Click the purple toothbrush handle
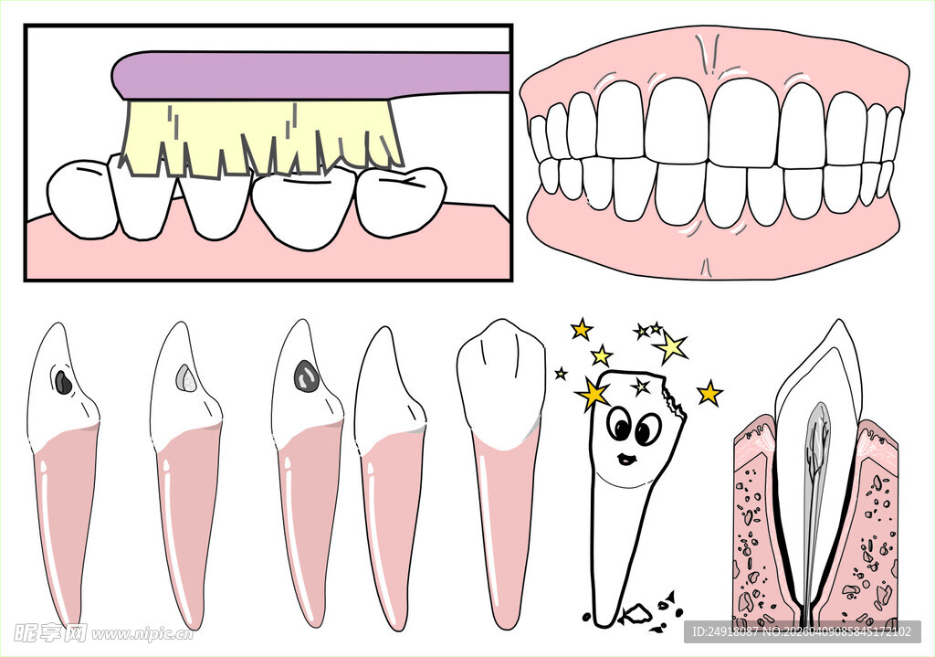(x=310, y=75)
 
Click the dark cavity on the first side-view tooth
(x=63, y=383)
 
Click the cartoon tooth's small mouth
(x=626, y=459)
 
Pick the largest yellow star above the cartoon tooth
(x=671, y=346)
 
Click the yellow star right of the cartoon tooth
(x=709, y=394)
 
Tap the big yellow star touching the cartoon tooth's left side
(x=593, y=394)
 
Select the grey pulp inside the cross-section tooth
(x=814, y=477)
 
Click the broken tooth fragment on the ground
(x=636, y=613)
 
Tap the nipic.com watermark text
(x=143, y=634)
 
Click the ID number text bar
(x=803, y=631)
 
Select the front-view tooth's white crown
(x=501, y=382)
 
